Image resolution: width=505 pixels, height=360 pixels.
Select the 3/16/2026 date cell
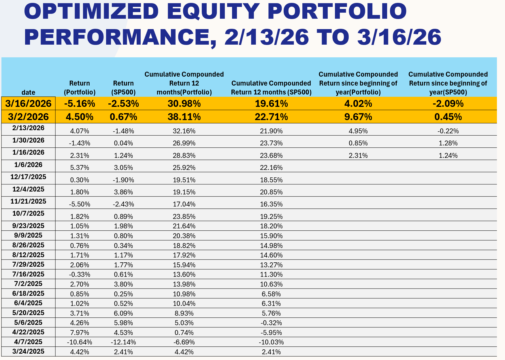(x=28, y=103)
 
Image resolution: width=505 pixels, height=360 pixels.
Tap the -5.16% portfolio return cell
(x=80, y=103)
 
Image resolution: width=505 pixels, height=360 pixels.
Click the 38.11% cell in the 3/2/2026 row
(x=184, y=117)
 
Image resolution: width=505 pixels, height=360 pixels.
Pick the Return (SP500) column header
(x=123, y=88)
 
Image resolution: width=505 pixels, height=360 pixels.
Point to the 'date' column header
(x=28, y=92)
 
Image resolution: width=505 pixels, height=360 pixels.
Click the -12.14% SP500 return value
(x=123, y=342)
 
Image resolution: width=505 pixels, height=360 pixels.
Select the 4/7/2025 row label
(x=28, y=342)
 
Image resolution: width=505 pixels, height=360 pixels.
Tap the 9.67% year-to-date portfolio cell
(x=358, y=117)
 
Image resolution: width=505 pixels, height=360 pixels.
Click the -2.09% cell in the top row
(x=448, y=103)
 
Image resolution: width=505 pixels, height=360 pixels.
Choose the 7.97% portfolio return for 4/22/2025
(x=80, y=333)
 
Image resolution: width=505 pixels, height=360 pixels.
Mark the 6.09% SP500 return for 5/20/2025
(x=123, y=313)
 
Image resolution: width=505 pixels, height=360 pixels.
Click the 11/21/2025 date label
(x=28, y=201)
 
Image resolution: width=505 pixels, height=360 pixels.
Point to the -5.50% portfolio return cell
(x=80, y=204)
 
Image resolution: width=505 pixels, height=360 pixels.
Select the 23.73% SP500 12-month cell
(x=271, y=143)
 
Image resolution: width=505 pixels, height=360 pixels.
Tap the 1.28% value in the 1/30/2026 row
(x=448, y=143)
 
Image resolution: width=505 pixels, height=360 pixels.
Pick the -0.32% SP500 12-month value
(x=271, y=323)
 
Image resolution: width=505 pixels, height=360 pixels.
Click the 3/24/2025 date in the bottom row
(x=28, y=351)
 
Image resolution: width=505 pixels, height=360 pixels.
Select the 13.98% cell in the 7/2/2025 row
(x=184, y=284)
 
